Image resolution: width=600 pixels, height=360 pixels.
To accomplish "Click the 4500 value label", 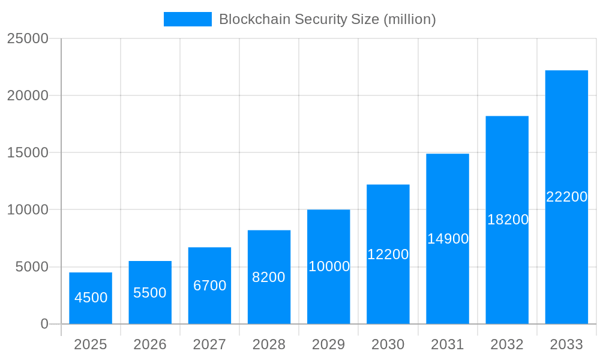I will point(91,298).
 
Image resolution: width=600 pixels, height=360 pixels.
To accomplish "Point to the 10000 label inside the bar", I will point(329,266).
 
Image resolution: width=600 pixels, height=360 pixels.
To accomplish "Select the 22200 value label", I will point(566,197).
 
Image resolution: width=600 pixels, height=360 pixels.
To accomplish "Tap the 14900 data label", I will point(448,239).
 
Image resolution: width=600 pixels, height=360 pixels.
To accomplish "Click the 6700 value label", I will point(209,286).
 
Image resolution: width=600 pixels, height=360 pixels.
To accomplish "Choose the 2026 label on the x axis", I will point(150,344).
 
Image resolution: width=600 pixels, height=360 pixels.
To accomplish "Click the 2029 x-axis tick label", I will point(329,344).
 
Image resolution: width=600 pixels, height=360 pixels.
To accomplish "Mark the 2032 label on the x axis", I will point(507,344).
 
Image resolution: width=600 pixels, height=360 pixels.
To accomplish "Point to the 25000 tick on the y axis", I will point(27,38).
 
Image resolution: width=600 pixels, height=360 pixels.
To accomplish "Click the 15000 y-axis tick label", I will point(27,152).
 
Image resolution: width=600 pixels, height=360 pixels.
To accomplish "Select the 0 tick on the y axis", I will point(44,324).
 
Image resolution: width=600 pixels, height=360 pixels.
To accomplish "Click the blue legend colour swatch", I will point(187,19).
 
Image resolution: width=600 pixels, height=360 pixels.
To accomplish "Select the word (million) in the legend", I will point(409,19).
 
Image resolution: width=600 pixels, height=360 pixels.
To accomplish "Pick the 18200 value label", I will point(508,220).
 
